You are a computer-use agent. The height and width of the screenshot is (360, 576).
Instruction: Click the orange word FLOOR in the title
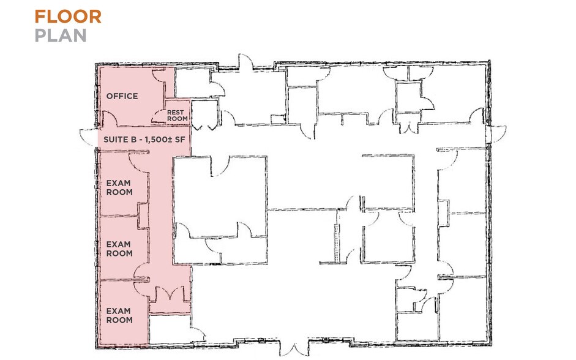[67, 17]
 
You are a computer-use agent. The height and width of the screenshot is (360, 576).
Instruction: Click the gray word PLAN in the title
[60, 36]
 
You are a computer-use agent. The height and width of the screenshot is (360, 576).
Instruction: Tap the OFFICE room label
[122, 96]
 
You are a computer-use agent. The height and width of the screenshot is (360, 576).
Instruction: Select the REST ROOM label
[177, 116]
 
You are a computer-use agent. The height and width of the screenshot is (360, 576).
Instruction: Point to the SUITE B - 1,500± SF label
[143, 140]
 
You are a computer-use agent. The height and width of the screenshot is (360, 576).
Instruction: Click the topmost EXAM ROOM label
[119, 187]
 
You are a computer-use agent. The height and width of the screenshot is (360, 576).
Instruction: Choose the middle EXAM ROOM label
[119, 249]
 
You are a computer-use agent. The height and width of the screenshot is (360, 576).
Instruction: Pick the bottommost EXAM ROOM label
[119, 315]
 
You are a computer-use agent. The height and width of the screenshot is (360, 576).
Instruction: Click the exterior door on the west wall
[89, 137]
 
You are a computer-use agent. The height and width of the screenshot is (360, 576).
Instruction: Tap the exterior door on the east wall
[496, 133]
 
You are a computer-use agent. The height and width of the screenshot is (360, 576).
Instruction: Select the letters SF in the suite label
[180, 140]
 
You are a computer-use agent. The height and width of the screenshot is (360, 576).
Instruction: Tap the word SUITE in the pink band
[114, 140]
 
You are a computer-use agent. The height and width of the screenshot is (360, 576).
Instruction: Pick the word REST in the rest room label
[176, 113]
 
